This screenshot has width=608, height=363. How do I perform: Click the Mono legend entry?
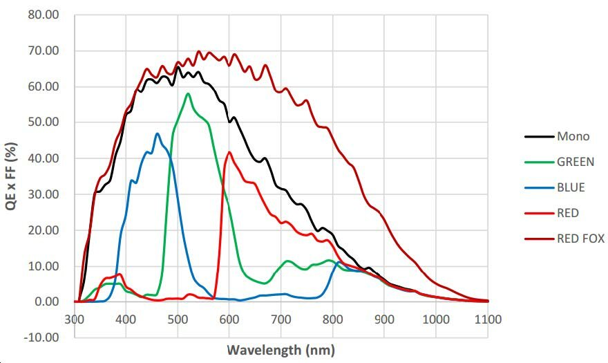point(573,136)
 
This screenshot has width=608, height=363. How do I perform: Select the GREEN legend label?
point(576,162)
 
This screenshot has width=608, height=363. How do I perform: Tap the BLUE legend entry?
point(571,187)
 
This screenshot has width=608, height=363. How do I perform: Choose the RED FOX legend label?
point(580,239)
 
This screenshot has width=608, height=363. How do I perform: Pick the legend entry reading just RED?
point(568,213)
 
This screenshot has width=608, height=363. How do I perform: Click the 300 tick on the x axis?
point(75,319)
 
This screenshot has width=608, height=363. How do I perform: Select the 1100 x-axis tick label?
point(488,319)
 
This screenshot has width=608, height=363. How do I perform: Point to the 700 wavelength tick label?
point(281,319)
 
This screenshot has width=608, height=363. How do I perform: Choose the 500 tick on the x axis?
point(178,319)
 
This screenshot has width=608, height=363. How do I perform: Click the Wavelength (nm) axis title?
point(281,349)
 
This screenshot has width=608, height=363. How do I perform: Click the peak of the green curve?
point(188,93)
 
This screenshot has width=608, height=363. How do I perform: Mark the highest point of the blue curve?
point(158,133)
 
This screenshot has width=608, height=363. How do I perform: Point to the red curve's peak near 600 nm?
point(229,152)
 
